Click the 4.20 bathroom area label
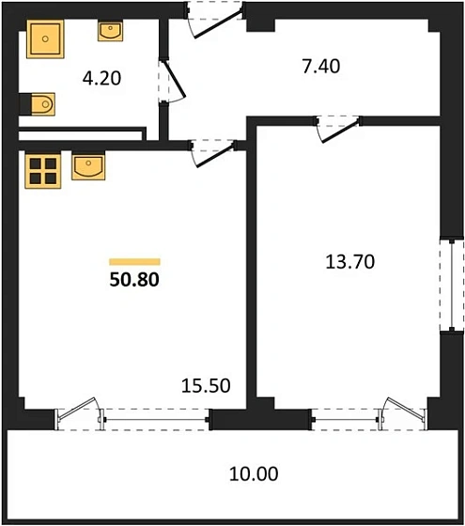coord(101,79)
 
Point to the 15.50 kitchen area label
coord(205,384)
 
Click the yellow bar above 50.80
coord(134,261)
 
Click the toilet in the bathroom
coord(39,103)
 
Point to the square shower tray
coord(44,40)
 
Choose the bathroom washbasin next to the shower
coord(110,31)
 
